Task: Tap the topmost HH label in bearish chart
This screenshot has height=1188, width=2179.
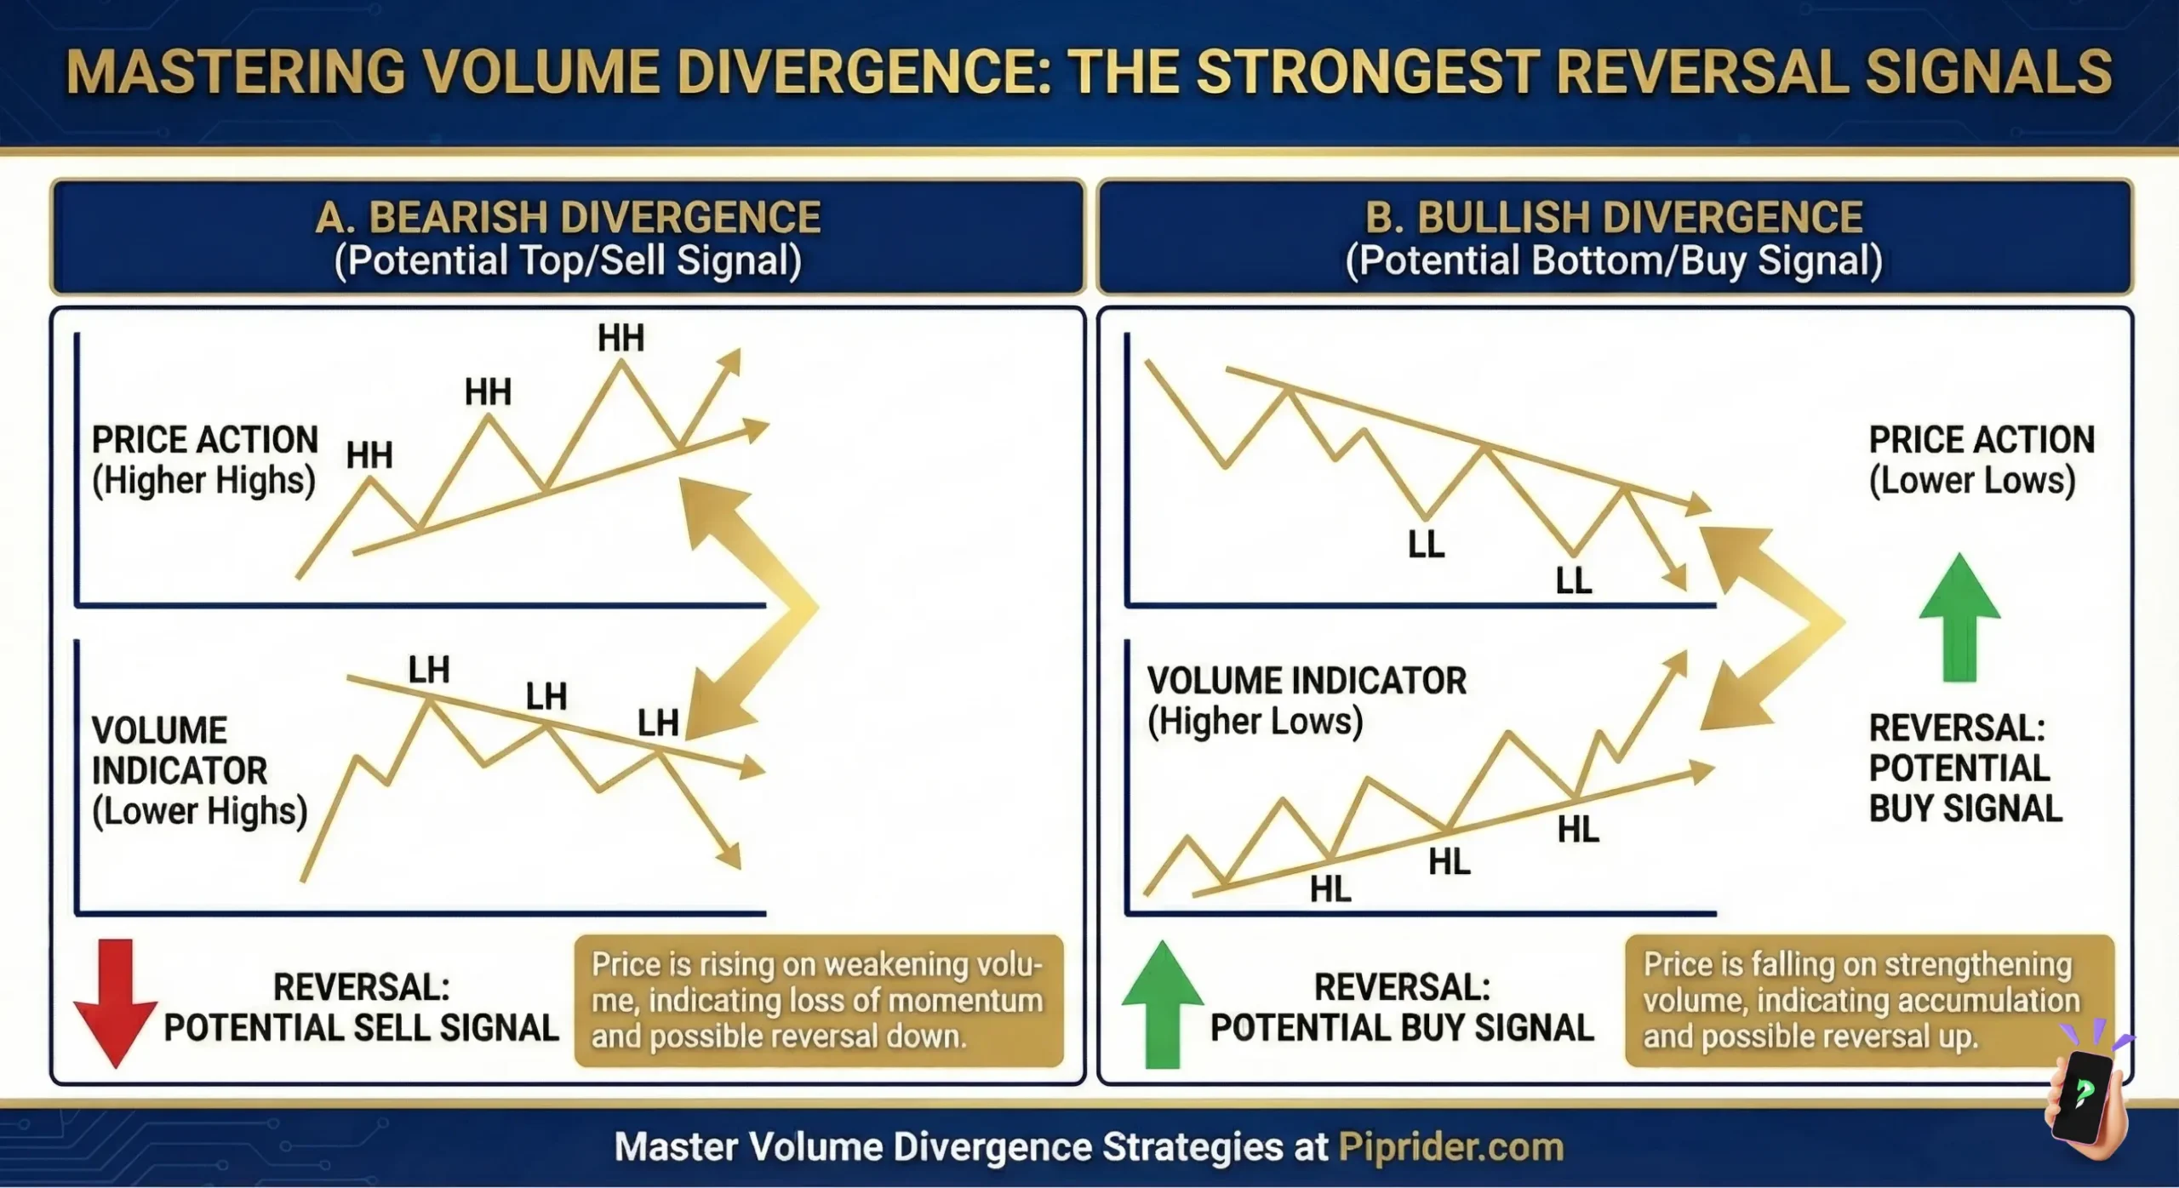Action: pyautogui.click(x=621, y=339)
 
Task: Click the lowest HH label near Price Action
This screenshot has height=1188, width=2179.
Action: pyautogui.click(x=369, y=456)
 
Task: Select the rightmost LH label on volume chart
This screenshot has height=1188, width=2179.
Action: pyautogui.click(x=658, y=723)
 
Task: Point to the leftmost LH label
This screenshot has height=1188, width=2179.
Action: pyautogui.click(x=428, y=671)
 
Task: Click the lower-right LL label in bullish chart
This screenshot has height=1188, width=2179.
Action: pyautogui.click(x=1573, y=581)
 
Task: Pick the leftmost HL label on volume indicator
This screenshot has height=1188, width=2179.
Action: pyautogui.click(x=1330, y=890)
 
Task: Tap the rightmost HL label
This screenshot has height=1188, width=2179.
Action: pyautogui.click(x=1578, y=830)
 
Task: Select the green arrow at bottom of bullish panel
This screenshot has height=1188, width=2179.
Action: pyautogui.click(x=1162, y=1004)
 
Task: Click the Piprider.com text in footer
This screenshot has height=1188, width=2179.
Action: pyautogui.click(x=1451, y=1147)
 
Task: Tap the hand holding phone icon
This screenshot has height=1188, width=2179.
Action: pyautogui.click(x=2085, y=1098)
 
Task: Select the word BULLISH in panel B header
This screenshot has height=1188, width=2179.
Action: pyautogui.click(x=1499, y=218)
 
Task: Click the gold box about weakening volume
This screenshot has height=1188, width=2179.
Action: pyautogui.click(x=818, y=1001)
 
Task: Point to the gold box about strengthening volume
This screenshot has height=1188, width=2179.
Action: pyautogui.click(x=1868, y=1001)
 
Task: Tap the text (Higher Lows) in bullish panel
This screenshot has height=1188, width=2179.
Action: pyautogui.click(x=1255, y=722)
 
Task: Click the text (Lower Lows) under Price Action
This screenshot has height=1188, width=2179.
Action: pyautogui.click(x=1971, y=481)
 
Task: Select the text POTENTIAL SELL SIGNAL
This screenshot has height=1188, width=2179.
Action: pyautogui.click(x=361, y=1028)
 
